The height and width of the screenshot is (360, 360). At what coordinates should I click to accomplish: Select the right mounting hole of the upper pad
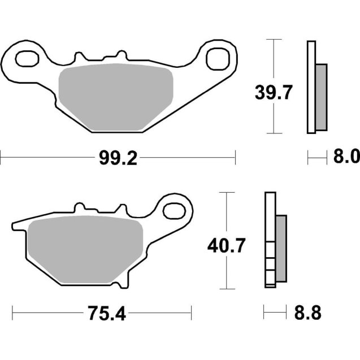point(216,58)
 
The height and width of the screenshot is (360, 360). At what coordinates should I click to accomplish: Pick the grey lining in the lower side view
point(281,249)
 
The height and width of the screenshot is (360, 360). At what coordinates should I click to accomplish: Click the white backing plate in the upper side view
point(310,88)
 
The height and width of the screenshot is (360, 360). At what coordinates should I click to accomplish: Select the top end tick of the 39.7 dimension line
point(274,40)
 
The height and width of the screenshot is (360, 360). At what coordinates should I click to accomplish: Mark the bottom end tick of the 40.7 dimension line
point(226,288)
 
